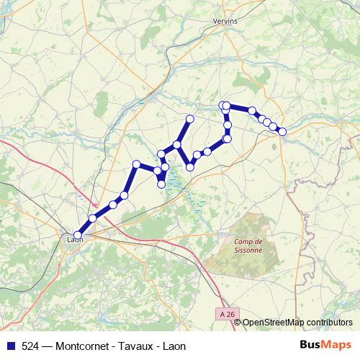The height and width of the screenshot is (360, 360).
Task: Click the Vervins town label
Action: coord(225,22)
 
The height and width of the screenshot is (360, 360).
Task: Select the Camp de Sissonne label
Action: coord(248,246)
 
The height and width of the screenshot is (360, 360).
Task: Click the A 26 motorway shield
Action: coord(228,314)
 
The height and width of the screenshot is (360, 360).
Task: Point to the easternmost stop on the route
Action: coord(282,132)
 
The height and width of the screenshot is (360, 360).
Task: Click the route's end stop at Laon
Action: coord(78,234)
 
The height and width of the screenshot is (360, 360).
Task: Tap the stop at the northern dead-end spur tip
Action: coord(190,119)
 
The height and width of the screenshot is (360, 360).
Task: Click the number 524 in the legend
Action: coord(30,346)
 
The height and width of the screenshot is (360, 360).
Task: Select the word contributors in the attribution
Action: coord(328,323)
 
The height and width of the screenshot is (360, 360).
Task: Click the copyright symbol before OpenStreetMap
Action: coord(238,323)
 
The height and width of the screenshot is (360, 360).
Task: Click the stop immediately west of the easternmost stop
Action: coord(274,127)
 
